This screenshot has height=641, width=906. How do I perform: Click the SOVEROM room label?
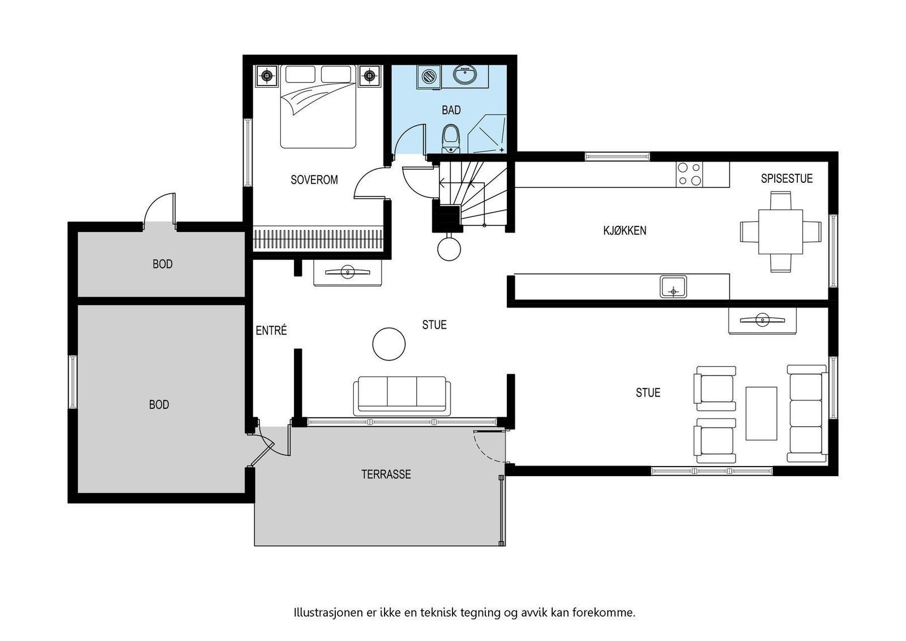pos(314,180)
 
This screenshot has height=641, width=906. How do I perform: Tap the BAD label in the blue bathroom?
pos(451,110)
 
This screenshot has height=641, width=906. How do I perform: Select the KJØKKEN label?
pos(625,230)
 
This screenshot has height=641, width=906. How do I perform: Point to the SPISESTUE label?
pos(786,179)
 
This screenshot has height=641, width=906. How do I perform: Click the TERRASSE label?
pos(386,475)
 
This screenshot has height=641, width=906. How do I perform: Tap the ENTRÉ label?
pos(271,331)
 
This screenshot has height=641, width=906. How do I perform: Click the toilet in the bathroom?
pos(451,139)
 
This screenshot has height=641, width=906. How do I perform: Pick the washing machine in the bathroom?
pos(429,76)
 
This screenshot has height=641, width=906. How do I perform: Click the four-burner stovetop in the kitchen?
pos(689,174)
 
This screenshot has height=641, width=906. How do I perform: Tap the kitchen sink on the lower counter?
pos(673,287)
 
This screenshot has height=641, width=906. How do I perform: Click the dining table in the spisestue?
pos(780,232)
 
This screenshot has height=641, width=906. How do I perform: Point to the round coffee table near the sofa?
pos(389,343)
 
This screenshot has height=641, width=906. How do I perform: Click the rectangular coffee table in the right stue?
pos(761,413)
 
